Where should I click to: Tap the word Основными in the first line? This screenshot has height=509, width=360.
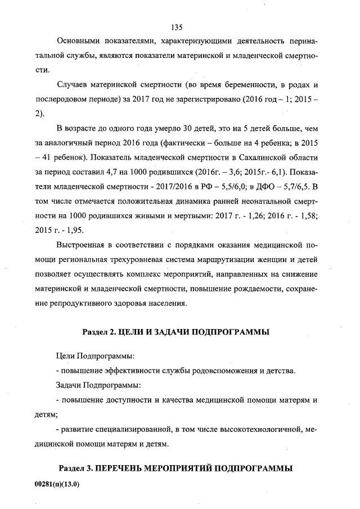pyautogui.click(x=79, y=42)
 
